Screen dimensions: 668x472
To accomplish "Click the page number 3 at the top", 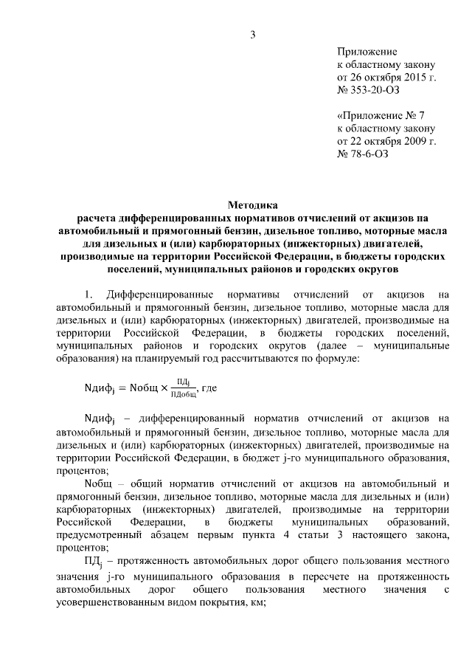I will point(253,33).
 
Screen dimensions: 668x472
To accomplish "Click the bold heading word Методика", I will point(253,205).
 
